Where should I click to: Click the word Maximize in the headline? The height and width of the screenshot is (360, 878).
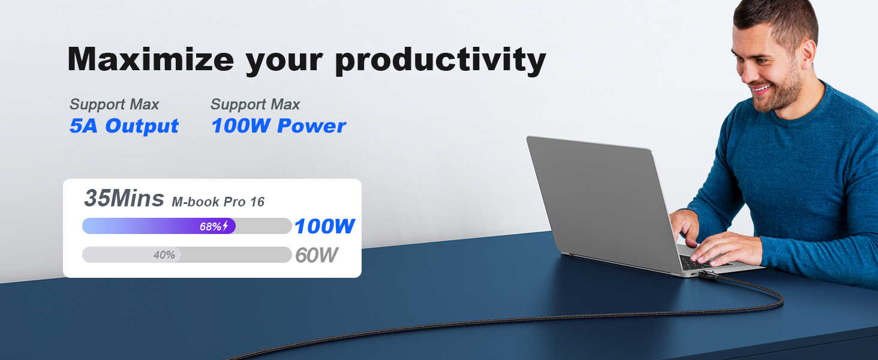coord(150,59)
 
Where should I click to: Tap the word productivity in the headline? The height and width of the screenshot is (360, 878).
coord(440,60)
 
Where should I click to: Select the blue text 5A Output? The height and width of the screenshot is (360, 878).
coord(124,126)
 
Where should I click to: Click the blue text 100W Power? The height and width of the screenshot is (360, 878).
coord(278,126)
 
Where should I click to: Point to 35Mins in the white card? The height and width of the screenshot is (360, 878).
coord(124,199)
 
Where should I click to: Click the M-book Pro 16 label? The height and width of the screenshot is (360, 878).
coord(218,202)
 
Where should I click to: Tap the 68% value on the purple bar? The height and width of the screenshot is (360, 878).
coord(211,227)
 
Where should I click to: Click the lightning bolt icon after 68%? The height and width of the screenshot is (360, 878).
coord(225,227)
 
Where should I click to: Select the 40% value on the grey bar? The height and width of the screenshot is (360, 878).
coord(164,255)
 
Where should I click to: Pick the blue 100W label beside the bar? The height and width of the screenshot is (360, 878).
coord(324,227)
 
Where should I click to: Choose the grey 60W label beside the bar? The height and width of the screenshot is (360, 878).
coord(316,255)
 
